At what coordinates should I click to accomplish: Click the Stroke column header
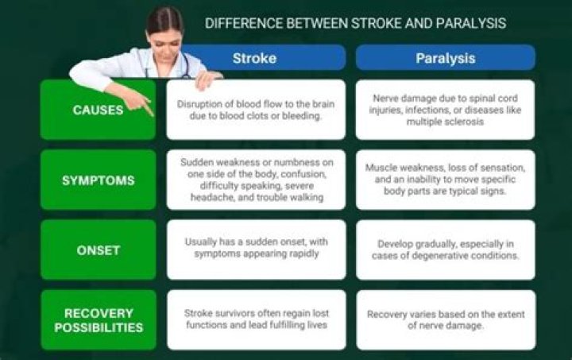click(x=254, y=58)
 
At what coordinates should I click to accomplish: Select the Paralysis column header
click(x=445, y=58)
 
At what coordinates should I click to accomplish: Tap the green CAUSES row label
click(x=98, y=110)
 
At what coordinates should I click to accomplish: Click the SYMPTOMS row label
click(x=98, y=180)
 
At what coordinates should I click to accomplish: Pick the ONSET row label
click(x=98, y=250)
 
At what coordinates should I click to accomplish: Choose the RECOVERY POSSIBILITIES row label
click(x=98, y=320)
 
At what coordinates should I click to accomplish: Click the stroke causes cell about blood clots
click(x=256, y=110)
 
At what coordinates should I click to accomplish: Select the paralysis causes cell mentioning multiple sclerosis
click(x=445, y=110)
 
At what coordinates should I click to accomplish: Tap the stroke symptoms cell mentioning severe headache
click(x=256, y=180)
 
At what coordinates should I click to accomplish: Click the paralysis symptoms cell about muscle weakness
click(x=445, y=180)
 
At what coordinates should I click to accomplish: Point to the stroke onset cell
click(x=256, y=250)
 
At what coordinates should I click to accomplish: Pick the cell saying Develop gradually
click(x=445, y=250)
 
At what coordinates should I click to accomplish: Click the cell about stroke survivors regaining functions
click(x=256, y=319)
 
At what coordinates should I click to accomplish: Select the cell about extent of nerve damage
click(x=445, y=319)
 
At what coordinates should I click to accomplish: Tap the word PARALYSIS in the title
click(x=466, y=23)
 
